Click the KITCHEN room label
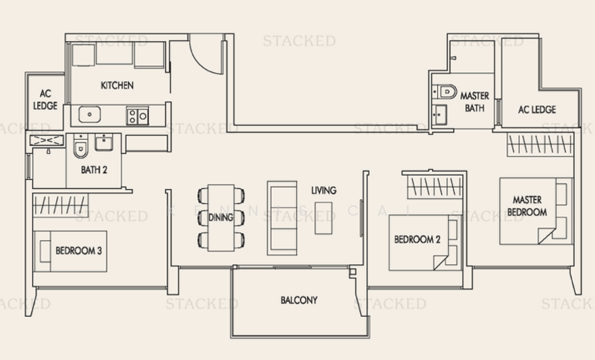coord(117,86)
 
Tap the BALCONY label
coord(299,300)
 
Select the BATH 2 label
coord(94,170)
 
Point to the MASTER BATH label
coord(475,102)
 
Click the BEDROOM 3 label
coord(79,251)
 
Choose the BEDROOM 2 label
coord(417,240)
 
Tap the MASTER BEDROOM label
coord(527,206)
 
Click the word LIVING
coord(324,190)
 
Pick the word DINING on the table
coord(220,217)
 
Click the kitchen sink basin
coord(89,115)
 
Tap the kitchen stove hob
coord(138,116)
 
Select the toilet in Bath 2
coord(80,146)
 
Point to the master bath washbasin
coord(440,115)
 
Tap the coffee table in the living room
coord(324,218)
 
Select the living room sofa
coord(282,218)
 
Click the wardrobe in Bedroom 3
coord(60,205)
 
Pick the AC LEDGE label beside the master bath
coord(537,109)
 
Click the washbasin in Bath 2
coord(103,142)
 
